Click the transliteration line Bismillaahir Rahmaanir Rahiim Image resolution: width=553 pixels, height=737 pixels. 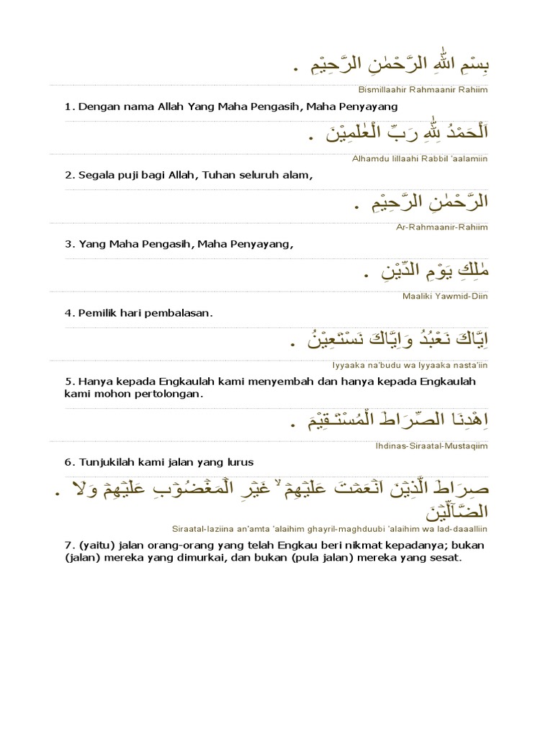click(422, 89)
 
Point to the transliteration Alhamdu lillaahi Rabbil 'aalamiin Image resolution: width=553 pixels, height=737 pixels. click(420, 158)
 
